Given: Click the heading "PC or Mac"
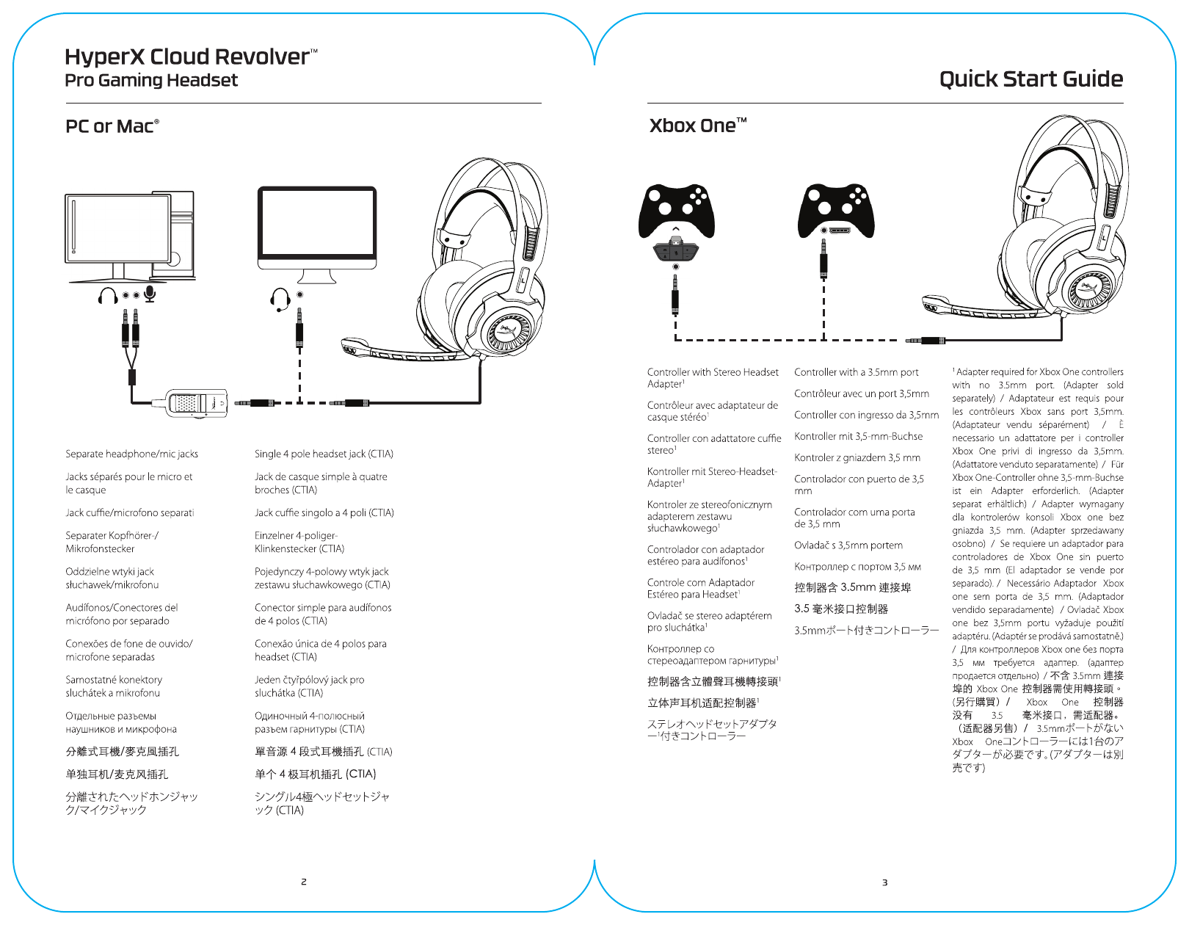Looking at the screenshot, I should tap(112, 126).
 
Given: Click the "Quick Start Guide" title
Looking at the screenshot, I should tap(1030, 79).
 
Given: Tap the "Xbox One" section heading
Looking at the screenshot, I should tap(697, 126).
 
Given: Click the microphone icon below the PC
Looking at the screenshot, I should tap(150, 294).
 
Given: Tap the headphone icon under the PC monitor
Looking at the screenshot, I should tap(108, 296).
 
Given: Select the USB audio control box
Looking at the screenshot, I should tap(196, 403).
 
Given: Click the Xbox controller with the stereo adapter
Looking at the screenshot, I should tap(677, 210).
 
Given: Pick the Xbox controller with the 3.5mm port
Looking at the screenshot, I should tap(836, 208).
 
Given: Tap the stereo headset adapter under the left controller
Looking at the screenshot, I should tap(677, 250).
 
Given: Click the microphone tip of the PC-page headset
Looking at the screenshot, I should tap(354, 346).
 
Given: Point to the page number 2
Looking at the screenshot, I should tap(304, 882).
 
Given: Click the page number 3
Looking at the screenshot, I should tap(884, 882).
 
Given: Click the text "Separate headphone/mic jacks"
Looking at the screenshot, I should tap(131, 454).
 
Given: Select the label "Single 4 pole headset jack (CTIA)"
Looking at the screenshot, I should tap(324, 454).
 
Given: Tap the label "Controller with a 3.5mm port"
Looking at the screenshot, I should tap(856, 372).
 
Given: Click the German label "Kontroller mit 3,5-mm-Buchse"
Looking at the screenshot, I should tap(858, 436).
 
